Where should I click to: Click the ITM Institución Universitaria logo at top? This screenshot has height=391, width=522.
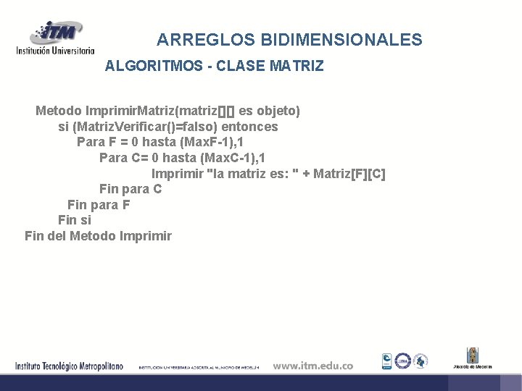pos(56,38)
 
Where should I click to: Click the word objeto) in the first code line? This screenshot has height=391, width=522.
pos(278,112)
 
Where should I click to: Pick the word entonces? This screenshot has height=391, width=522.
pos(249,127)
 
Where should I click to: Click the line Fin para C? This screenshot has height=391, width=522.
pos(130,189)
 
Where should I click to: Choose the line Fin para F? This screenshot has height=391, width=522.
pos(99,205)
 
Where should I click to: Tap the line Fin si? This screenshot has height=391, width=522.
pos(75,220)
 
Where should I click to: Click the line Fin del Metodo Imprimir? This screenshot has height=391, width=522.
pos(98,236)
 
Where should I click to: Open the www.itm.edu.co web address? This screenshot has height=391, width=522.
pos(312,366)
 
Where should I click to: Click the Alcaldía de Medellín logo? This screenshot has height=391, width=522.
pos(472,358)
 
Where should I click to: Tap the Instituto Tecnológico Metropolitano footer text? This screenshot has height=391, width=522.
pos(70,366)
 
